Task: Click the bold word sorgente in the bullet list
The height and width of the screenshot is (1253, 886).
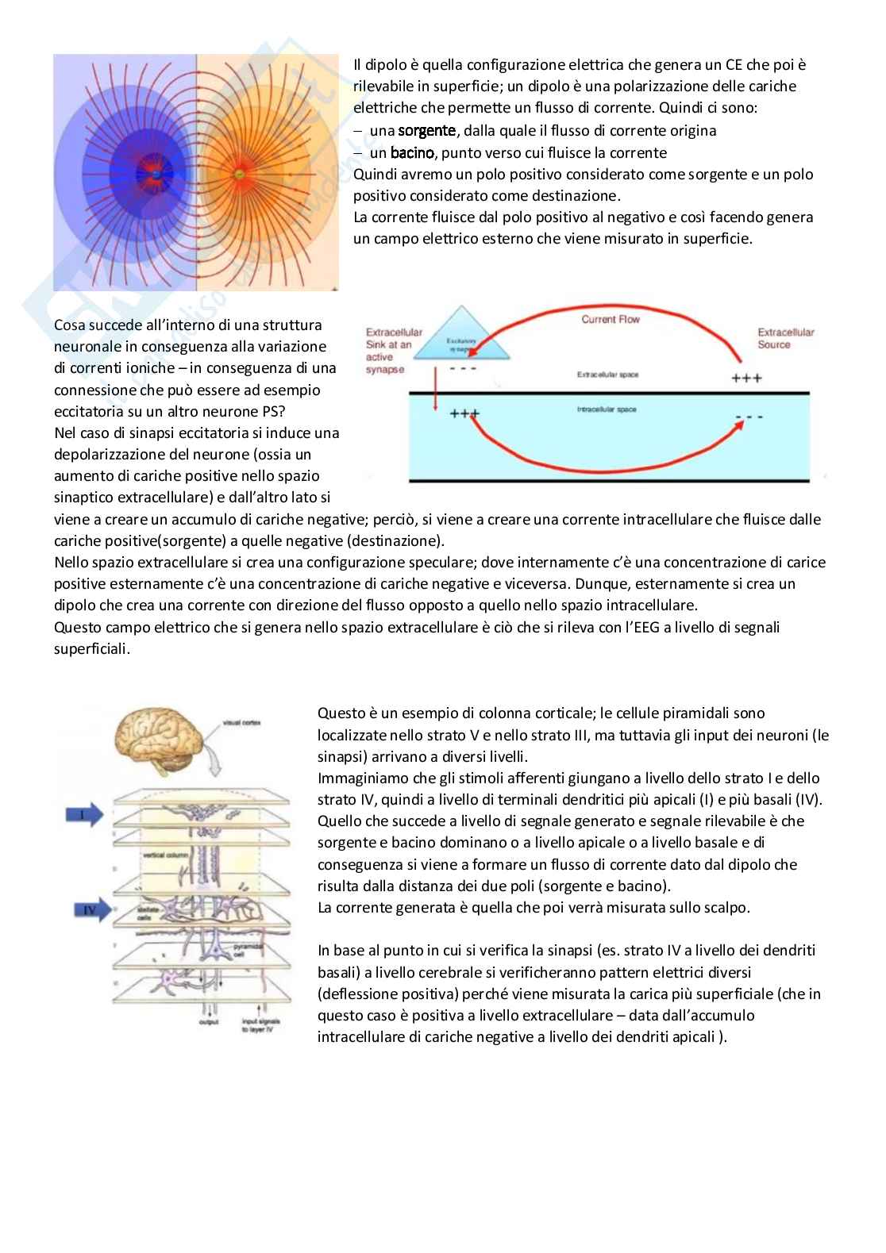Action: pos(426,130)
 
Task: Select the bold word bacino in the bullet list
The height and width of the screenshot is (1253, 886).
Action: pos(411,152)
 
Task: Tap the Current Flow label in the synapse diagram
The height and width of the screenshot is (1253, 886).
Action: pos(611,319)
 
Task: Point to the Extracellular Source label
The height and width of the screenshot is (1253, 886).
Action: pos(785,338)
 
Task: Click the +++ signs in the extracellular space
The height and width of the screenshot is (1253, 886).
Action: pos(745,379)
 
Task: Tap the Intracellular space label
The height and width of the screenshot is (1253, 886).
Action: pos(607,409)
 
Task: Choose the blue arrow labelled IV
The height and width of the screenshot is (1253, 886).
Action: pos(87,909)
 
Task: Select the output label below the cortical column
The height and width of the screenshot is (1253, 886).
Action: pos(209,1023)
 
